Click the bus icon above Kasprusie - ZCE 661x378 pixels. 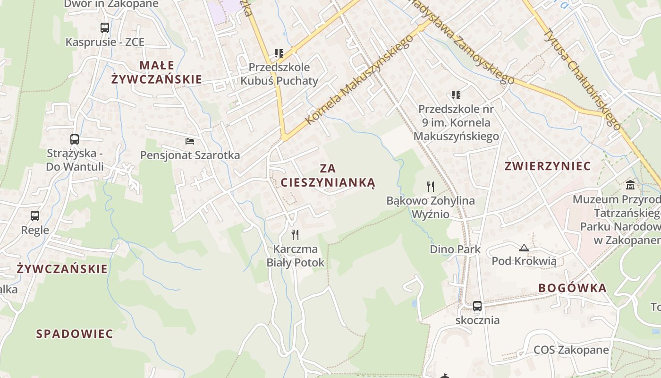pos(105,28)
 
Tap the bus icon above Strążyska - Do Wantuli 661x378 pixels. pos(75,139)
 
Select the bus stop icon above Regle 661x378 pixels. pos(35,216)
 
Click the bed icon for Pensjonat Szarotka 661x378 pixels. pos(190,141)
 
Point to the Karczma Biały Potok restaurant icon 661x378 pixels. pos(296,234)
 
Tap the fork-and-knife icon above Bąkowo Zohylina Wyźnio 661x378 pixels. pos(430,186)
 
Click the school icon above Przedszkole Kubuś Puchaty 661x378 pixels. pos(279,53)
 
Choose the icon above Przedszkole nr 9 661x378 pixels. pos(456,95)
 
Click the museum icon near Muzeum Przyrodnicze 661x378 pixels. pos(630,185)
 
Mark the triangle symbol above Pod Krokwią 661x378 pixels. pos(524,248)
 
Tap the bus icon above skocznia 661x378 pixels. pos(477,306)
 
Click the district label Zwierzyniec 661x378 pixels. pos(548,166)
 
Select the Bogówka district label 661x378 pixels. pos(572,288)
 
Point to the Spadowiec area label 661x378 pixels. pos(75,334)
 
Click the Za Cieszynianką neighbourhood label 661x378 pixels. pos(328,175)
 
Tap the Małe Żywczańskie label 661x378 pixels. pos(157,72)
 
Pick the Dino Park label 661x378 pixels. pos(455,249)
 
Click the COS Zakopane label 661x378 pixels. pos(571,350)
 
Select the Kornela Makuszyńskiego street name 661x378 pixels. pos(359,79)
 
